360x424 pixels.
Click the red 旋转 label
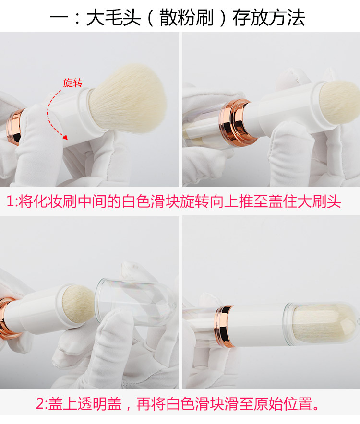point(73,83)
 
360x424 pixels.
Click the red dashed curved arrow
point(49,114)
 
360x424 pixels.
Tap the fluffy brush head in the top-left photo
point(127,99)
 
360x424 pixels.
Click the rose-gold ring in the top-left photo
point(14,127)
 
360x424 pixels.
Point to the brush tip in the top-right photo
point(340,102)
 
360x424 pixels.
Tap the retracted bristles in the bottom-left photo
point(78,304)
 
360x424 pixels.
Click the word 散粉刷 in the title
point(187,18)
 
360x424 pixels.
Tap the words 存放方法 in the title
point(268,18)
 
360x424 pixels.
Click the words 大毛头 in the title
point(113,18)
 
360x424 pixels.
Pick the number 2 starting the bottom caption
point(40,404)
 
